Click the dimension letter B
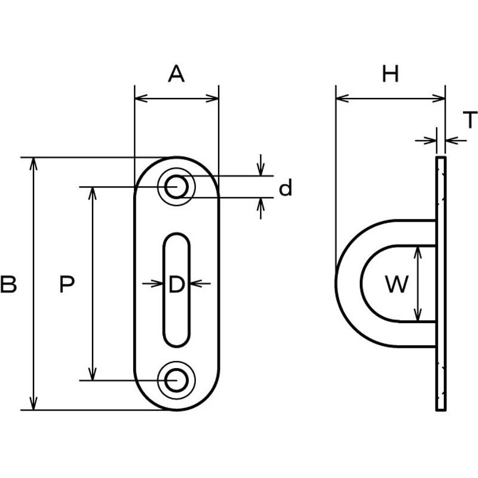tap(8, 284)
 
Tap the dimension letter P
tap(67, 284)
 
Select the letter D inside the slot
tap(176, 284)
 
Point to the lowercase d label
tap(286, 187)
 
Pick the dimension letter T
tap(470, 119)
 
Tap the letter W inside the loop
tap(397, 284)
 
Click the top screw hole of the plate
tap(176, 186)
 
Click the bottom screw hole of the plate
tap(176, 380)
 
